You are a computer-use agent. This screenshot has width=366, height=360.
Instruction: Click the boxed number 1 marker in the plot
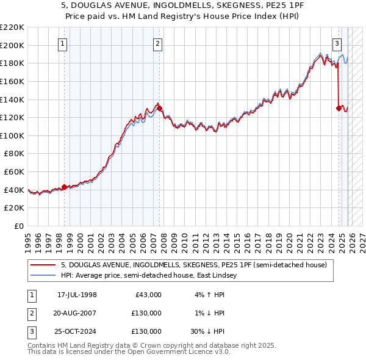tap(64, 43)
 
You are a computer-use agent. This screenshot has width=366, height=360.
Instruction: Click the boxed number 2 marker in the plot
tap(158, 43)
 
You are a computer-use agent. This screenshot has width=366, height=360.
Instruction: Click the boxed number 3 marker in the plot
tap(337, 43)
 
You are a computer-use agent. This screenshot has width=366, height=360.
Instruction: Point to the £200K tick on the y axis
tap(12, 45)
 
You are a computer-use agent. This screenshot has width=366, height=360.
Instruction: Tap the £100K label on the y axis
tap(12, 135)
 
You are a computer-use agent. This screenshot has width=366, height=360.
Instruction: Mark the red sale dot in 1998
tap(64, 187)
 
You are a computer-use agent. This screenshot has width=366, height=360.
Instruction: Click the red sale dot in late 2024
tap(339, 108)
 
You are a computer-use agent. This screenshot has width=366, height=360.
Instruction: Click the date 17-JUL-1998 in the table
tap(77, 294)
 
